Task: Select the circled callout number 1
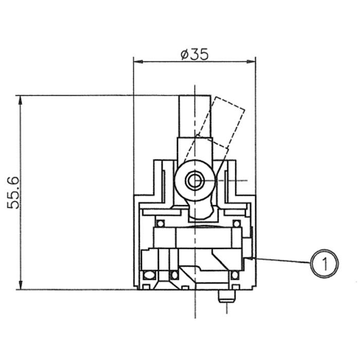click(324, 264)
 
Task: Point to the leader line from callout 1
click(283, 260)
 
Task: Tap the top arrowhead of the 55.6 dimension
click(21, 99)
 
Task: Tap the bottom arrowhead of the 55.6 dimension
click(21, 285)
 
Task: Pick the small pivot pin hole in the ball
click(194, 181)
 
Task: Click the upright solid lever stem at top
click(195, 116)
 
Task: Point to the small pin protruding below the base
click(226, 296)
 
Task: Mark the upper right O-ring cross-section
click(237, 224)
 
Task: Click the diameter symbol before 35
click(185, 54)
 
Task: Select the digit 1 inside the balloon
click(324, 264)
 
